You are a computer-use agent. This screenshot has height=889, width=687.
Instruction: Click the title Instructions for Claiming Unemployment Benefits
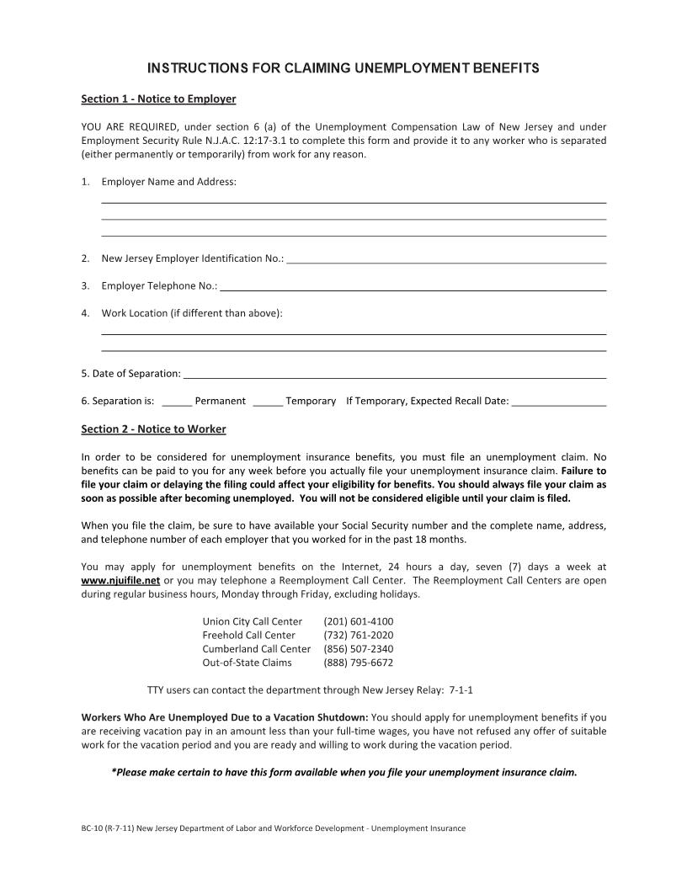[343, 67]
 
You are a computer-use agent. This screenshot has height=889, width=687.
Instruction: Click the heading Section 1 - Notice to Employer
[158, 99]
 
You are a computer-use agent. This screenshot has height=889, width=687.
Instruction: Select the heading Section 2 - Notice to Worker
[153, 429]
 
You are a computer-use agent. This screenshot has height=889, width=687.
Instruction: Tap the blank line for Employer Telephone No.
[413, 287]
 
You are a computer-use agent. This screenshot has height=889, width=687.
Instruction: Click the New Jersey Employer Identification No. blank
[446, 259]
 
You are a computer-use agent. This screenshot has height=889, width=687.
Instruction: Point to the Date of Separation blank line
[394, 374]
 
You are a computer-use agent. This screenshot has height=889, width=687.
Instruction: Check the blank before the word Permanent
[176, 402]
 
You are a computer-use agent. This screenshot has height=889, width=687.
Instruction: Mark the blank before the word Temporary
[267, 402]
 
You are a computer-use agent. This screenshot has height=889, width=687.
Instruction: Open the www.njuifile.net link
[120, 581]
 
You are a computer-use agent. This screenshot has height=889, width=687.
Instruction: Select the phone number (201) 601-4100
[358, 621]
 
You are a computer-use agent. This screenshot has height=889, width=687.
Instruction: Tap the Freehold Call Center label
[248, 635]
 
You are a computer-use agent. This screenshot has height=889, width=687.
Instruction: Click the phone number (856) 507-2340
[358, 649]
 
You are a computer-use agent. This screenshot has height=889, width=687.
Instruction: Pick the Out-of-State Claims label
[247, 663]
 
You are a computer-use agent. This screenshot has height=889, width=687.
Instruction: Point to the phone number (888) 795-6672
[358, 663]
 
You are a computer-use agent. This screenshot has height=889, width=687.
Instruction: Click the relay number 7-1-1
[461, 690]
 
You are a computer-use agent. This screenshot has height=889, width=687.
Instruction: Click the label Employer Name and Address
[168, 182]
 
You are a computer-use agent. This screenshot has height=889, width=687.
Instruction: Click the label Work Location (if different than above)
[192, 314]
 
